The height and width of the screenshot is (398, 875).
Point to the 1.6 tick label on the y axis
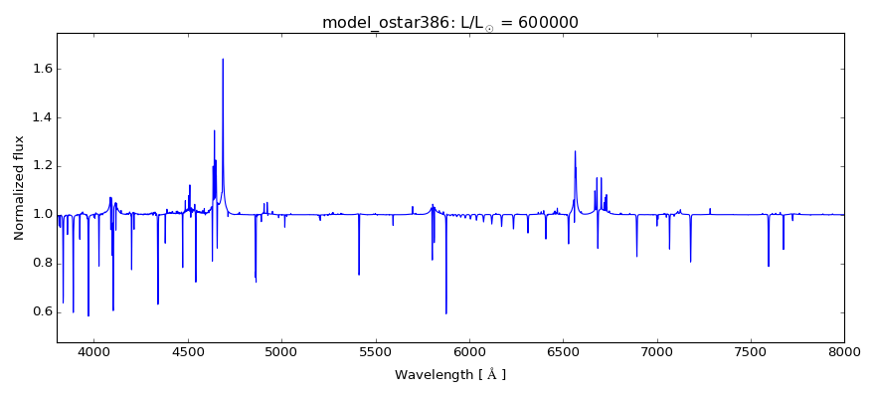coord(39,69)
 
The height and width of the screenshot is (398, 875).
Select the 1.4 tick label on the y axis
coord(39,117)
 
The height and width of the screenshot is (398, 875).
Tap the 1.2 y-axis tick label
coord(39,166)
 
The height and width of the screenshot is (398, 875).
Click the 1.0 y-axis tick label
coord(39,215)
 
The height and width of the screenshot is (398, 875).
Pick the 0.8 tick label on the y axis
coord(39,264)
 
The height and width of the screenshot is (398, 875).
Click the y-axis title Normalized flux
coord(19,188)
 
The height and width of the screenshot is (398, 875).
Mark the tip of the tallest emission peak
coord(223,59)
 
